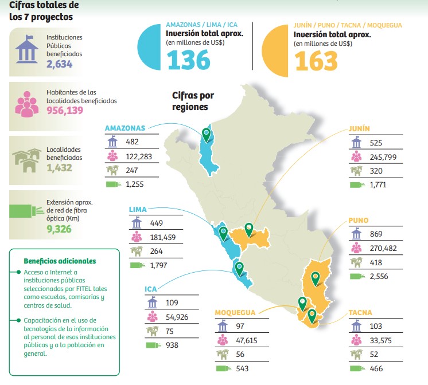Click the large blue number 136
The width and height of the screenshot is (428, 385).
pos(188,60)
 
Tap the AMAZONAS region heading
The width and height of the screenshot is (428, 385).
pos(124,128)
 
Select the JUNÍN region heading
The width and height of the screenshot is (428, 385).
pos(359,129)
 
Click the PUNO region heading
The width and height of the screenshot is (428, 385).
pos(358,220)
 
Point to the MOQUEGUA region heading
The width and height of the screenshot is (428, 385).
pos(235,313)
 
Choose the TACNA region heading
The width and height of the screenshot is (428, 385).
pos(360,313)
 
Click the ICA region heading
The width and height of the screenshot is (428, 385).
pos(151,289)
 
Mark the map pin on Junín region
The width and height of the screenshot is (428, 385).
pos(249,229)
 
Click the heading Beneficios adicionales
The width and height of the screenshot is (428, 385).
pos(60,261)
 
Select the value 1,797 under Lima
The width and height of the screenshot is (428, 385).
pos(160,265)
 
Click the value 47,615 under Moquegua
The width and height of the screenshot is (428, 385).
pos(248,340)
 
